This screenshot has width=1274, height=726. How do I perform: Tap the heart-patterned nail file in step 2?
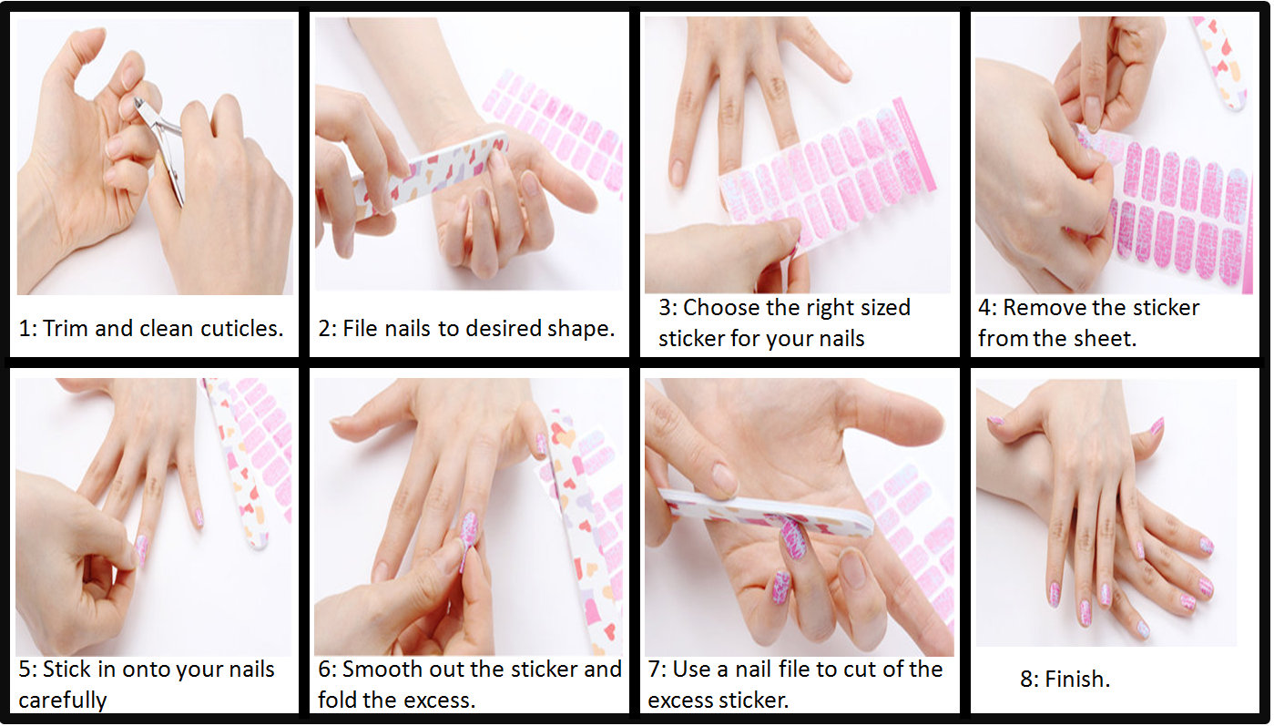tap(430, 174)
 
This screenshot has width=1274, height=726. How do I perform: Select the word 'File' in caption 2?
tap(361, 328)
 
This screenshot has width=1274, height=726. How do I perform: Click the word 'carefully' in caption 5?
tap(63, 700)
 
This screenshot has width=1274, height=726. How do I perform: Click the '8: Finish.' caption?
tap(1065, 679)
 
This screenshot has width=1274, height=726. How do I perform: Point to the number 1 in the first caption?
tap(25, 329)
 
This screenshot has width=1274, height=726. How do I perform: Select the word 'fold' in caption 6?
tap(337, 700)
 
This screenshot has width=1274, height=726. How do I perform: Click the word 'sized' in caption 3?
tap(885, 308)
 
